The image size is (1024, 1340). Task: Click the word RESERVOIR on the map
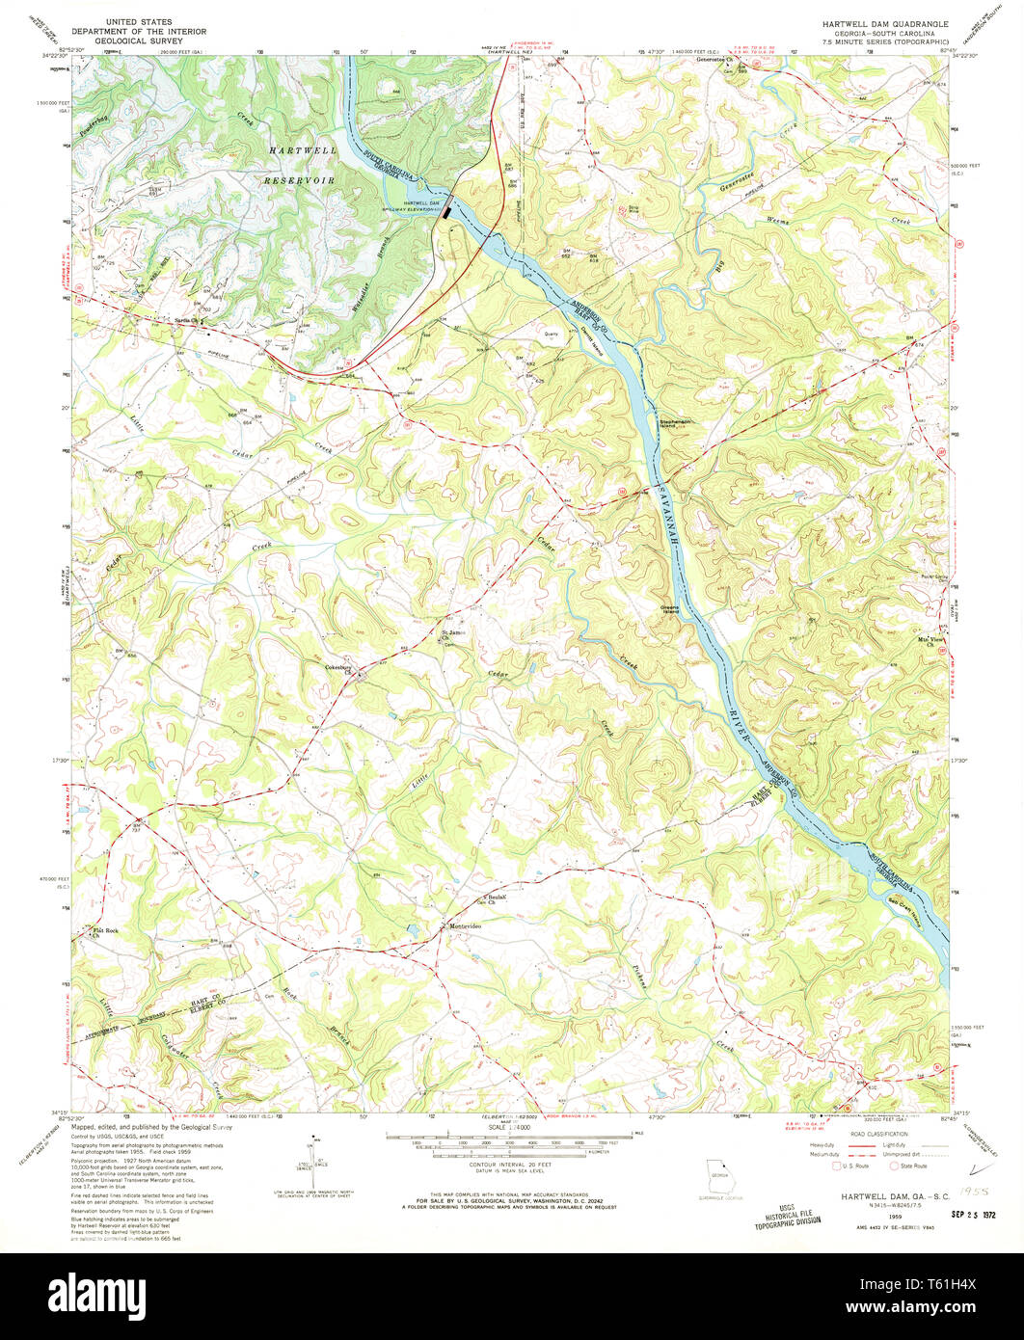(x=300, y=180)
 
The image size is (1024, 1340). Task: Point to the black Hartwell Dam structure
(x=446, y=207)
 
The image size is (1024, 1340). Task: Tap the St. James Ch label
(x=453, y=634)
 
